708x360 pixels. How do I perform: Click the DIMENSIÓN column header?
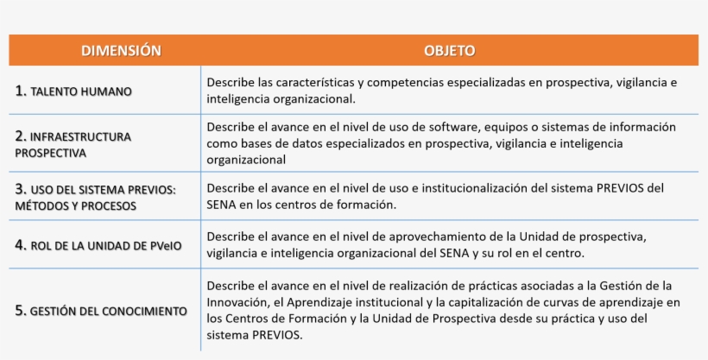point(121,51)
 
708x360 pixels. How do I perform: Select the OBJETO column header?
point(449,51)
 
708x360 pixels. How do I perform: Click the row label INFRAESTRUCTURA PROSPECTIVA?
point(73,144)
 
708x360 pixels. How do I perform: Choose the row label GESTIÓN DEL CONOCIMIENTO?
point(109,311)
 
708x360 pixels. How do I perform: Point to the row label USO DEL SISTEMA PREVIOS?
point(103,189)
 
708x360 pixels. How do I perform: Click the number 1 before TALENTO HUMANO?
point(21,91)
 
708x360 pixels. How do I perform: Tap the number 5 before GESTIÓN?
point(21,311)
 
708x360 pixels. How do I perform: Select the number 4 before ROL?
point(21,245)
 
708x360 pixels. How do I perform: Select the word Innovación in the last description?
point(237,302)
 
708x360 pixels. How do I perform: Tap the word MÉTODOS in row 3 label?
point(42,206)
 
